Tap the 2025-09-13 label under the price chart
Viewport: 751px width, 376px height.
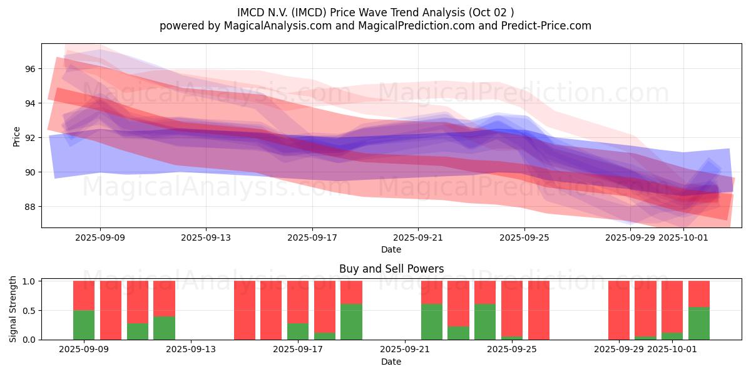tap(206, 238)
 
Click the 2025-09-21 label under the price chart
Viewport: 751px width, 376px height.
tap(418, 238)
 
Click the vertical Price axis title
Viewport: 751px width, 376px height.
tap(16, 137)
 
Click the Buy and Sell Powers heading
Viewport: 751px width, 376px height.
tap(391, 269)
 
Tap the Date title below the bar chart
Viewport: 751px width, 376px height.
tap(391, 362)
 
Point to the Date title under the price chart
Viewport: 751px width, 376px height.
tap(391, 249)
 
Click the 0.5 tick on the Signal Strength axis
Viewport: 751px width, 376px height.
tap(29, 311)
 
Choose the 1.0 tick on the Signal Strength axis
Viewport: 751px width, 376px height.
tap(29, 281)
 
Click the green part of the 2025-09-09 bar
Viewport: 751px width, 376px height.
tap(84, 325)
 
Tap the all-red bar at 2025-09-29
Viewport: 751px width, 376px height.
tap(619, 310)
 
